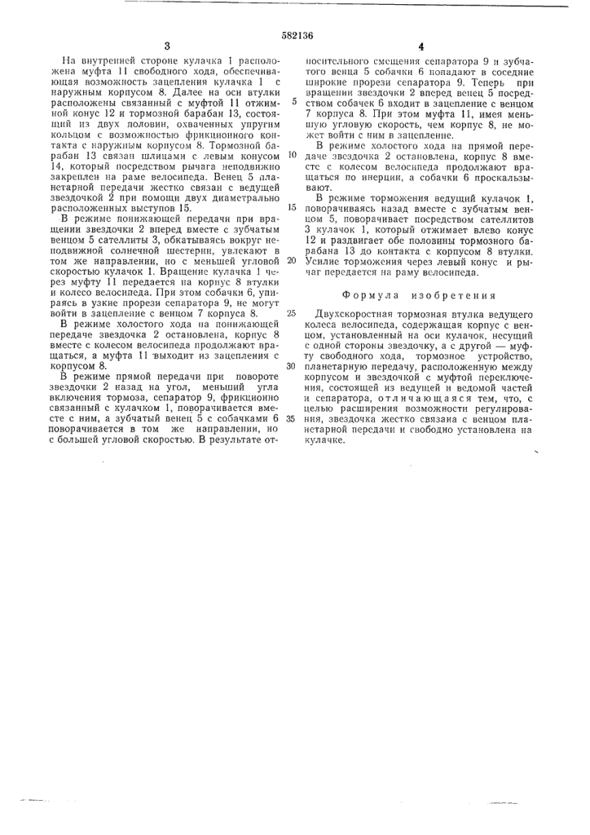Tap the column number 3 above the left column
[x=166, y=47]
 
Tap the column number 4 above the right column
[x=421, y=47]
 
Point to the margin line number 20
[x=291, y=261]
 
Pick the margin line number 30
[x=291, y=364]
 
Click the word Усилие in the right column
[x=321, y=261]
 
